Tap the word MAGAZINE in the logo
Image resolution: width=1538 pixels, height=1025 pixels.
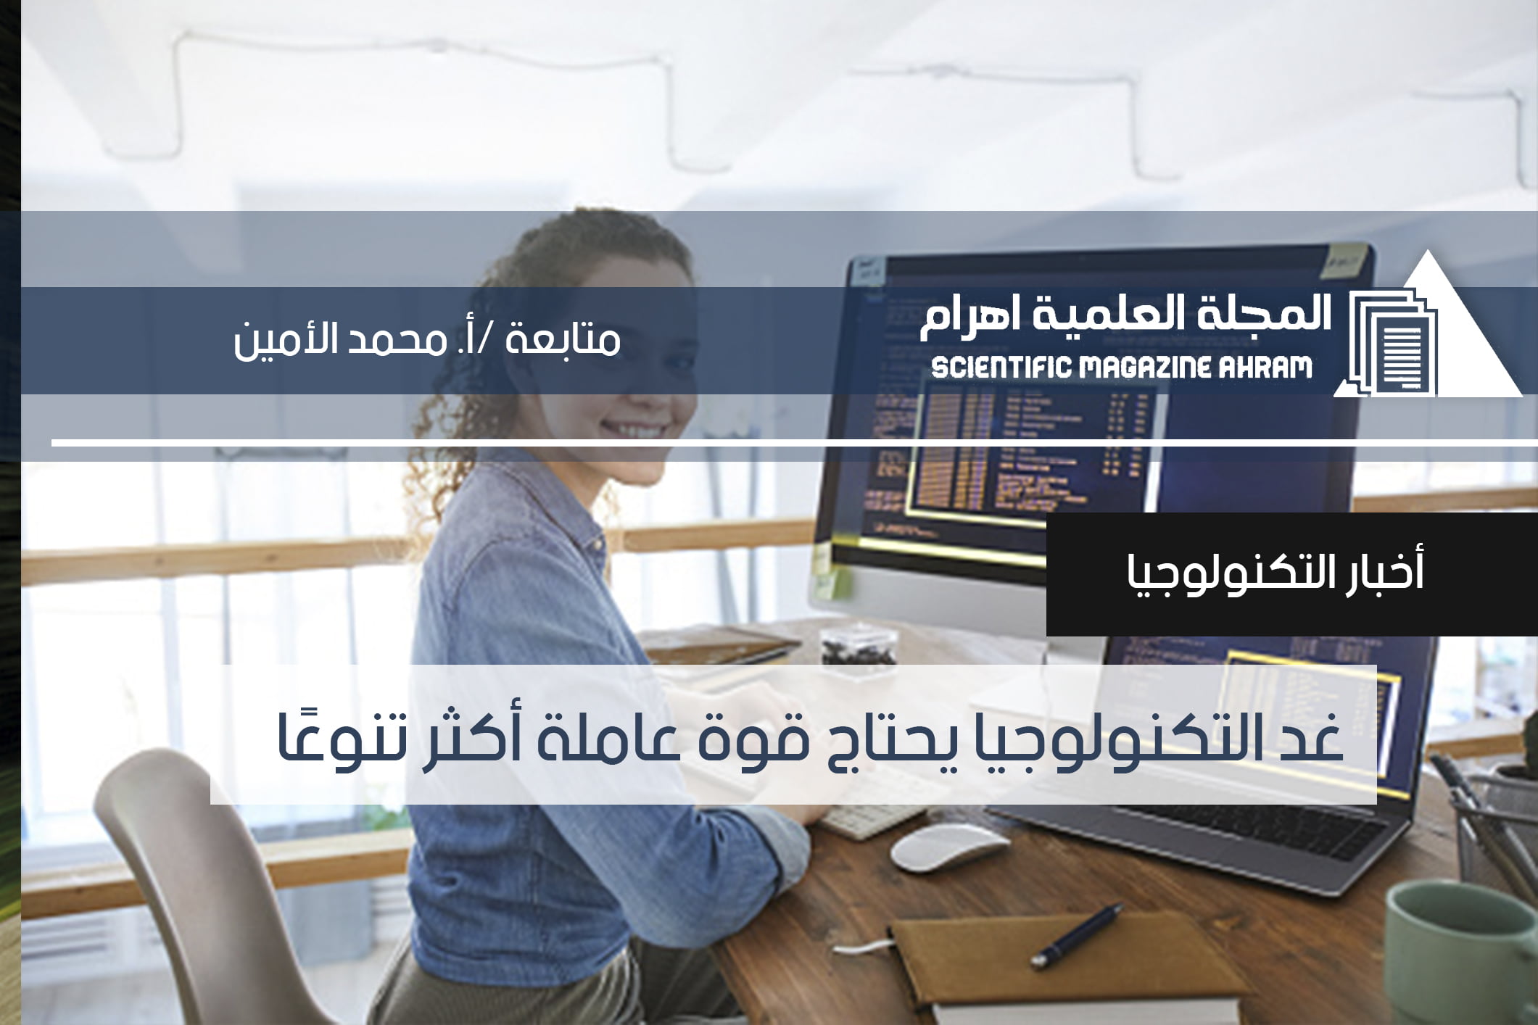point(1145,368)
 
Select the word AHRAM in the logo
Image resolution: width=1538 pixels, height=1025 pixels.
point(1265,368)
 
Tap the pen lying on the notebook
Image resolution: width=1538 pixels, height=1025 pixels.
point(1077,935)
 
